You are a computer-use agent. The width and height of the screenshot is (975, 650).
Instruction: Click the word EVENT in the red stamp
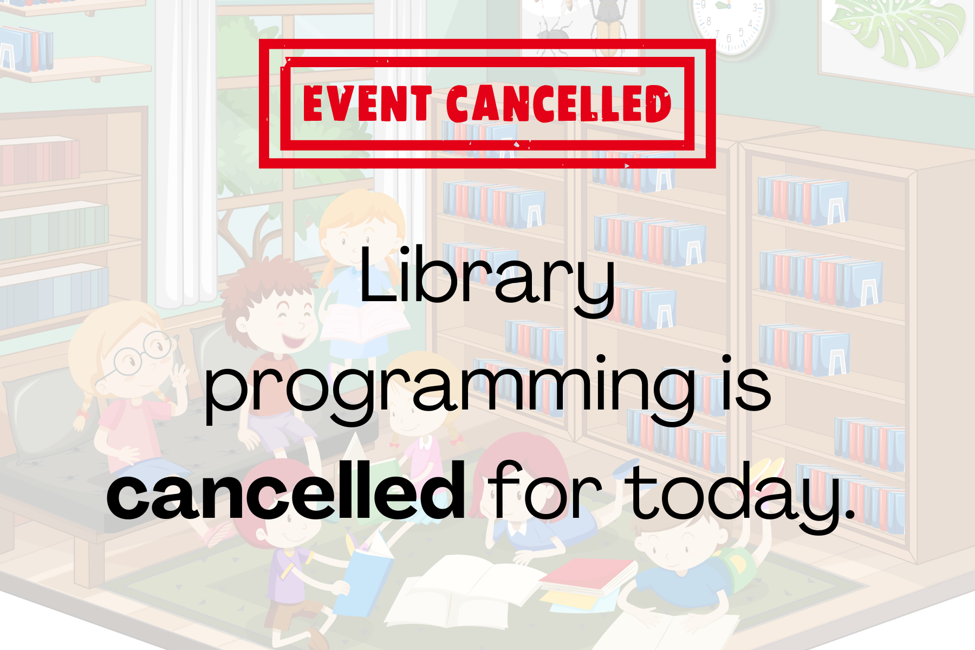click(x=367, y=103)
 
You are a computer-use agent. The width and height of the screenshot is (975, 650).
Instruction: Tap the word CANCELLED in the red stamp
click(x=559, y=103)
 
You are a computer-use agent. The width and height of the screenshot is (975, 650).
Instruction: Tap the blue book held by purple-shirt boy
click(x=368, y=574)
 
